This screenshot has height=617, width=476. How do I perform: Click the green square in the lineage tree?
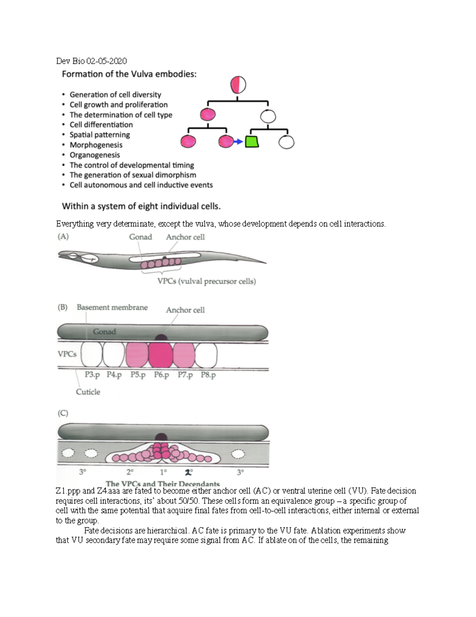(x=252, y=141)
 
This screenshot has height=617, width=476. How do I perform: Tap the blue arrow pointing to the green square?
(x=238, y=141)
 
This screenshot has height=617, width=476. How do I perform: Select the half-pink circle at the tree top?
(x=238, y=85)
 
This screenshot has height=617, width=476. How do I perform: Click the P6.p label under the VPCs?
(x=161, y=375)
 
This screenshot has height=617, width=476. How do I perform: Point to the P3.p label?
(x=92, y=375)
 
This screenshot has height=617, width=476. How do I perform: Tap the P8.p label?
(x=208, y=375)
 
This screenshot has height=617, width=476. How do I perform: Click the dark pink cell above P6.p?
(x=161, y=355)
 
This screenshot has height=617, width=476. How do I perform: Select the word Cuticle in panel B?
(x=88, y=392)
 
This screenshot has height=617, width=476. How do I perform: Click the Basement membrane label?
(x=112, y=308)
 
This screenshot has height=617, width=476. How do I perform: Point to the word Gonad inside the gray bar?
(x=104, y=332)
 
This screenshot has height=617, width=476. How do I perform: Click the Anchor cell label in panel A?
(x=185, y=237)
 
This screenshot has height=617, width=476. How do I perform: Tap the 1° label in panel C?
(x=163, y=472)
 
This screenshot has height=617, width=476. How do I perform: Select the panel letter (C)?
(x=63, y=413)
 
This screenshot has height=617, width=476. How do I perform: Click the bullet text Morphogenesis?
(x=96, y=145)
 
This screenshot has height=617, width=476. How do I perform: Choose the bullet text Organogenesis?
(x=95, y=155)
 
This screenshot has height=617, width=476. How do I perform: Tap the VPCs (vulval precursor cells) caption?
(x=207, y=281)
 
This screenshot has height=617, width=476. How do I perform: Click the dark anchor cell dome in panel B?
(x=161, y=337)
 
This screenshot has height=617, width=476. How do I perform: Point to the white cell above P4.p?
(x=114, y=355)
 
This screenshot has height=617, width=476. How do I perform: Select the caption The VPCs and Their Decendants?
(x=163, y=484)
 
